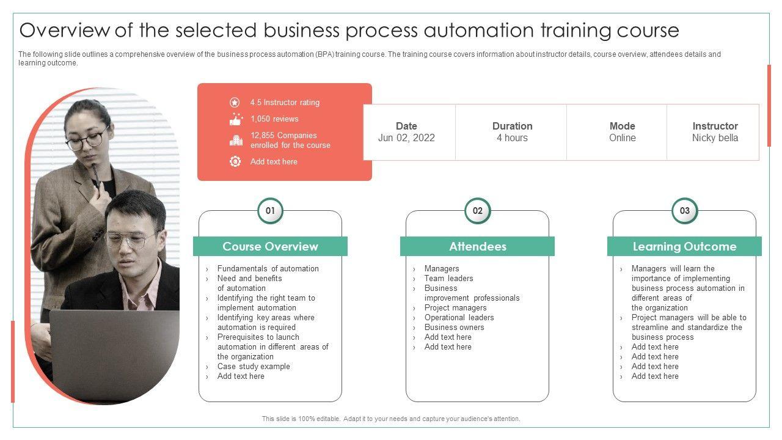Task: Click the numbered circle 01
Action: (x=270, y=211)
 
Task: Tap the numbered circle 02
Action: (x=477, y=211)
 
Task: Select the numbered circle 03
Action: (x=684, y=211)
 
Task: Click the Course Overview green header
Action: (x=270, y=246)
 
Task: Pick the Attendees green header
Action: (x=477, y=246)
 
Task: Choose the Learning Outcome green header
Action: (x=684, y=246)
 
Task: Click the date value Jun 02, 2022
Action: (x=406, y=138)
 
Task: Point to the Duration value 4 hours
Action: (x=512, y=138)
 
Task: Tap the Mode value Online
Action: (x=622, y=138)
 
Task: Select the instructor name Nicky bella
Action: (x=715, y=138)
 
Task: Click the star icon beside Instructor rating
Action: (x=235, y=103)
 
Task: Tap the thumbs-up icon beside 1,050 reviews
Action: (x=235, y=119)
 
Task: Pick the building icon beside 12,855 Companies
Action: (x=235, y=141)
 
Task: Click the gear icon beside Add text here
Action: (x=235, y=161)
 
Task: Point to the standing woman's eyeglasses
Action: (x=86, y=141)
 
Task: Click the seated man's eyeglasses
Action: (x=130, y=240)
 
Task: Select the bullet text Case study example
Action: (x=254, y=367)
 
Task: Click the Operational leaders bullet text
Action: (x=459, y=318)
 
